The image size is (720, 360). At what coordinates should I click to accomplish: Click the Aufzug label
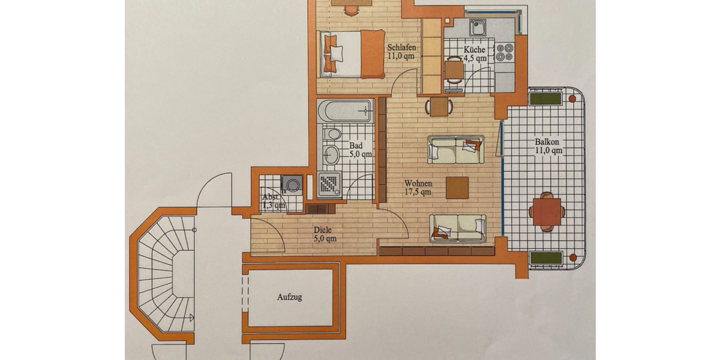coord(289,297)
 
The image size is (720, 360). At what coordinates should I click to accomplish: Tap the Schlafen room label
coord(401,52)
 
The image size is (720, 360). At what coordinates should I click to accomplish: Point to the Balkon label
coord(547,146)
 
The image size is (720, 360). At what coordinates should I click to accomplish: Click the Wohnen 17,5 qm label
coord(418,187)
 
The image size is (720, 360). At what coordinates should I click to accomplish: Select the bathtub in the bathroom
coord(345,111)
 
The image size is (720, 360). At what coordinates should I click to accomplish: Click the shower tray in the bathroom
coord(329,185)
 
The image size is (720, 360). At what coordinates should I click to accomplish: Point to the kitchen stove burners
coord(504,52)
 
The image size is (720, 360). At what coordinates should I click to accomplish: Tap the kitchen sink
coord(478,28)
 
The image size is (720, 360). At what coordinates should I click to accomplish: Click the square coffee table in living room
coord(457,187)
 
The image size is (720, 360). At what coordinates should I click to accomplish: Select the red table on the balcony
coord(547,212)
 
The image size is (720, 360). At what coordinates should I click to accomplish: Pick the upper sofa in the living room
coord(455,149)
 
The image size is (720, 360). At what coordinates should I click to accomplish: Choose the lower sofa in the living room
coord(458,228)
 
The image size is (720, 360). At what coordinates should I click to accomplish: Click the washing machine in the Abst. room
coord(293,184)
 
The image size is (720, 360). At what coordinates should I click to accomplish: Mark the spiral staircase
coord(161,273)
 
